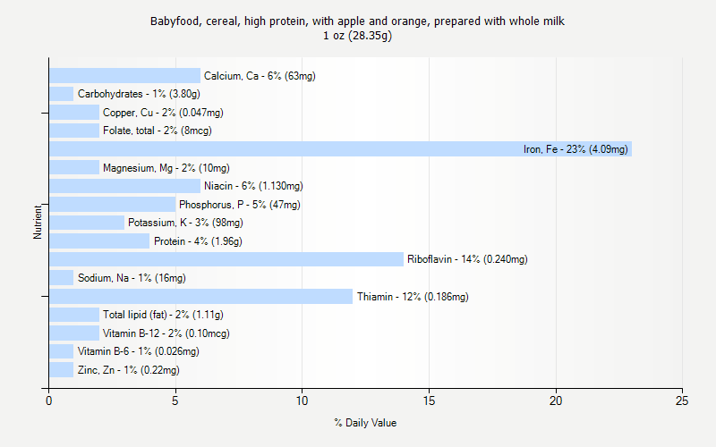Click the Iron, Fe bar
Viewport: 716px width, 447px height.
pos(340,149)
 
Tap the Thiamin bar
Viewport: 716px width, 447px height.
pos(200,296)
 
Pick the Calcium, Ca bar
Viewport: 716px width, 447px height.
pos(124,76)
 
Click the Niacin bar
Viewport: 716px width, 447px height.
pos(124,186)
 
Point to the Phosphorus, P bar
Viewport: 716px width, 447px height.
pos(112,205)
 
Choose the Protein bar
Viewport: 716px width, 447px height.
pos(99,241)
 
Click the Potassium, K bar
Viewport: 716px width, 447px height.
pos(87,223)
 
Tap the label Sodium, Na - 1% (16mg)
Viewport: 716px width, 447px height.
pos(132,278)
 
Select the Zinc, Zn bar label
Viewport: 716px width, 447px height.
pos(128,370)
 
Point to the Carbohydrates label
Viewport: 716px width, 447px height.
pos(138,94)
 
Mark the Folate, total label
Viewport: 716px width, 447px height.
pos(157,131)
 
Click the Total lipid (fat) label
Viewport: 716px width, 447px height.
pos(163,315)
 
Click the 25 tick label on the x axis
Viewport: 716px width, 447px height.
pos(683,401)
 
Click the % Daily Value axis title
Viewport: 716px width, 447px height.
pos(365,423)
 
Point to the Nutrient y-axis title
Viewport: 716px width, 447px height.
pos(38,223)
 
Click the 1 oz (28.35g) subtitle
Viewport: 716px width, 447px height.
pos(358,36)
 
